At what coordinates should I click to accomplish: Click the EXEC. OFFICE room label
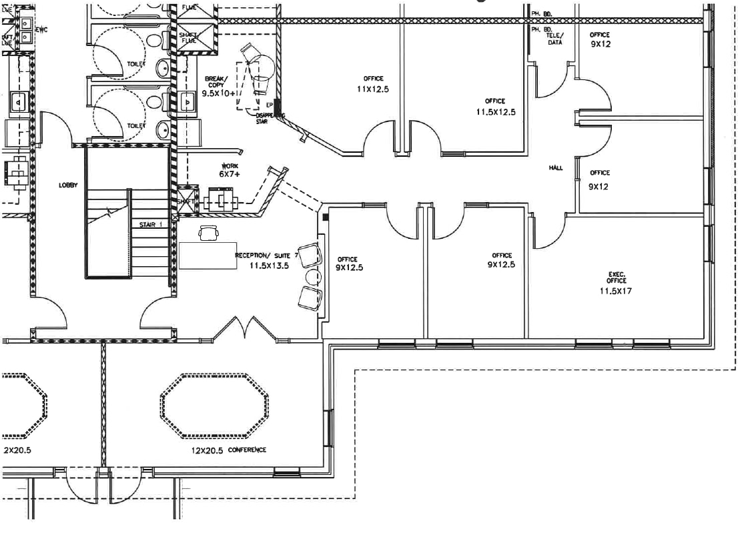616,277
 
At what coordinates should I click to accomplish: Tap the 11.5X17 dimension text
616,290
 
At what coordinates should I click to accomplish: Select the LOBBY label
68,185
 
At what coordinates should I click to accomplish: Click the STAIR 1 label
150,225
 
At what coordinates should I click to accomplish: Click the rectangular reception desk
207,255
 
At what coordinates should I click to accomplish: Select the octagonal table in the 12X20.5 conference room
215,406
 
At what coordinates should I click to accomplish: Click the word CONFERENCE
247,450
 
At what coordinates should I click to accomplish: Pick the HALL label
556,168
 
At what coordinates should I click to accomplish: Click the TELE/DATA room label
555,39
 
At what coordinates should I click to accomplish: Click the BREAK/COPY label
216,82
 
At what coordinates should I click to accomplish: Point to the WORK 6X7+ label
230,169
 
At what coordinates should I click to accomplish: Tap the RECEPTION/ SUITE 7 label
266,255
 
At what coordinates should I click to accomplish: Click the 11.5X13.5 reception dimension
269,265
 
